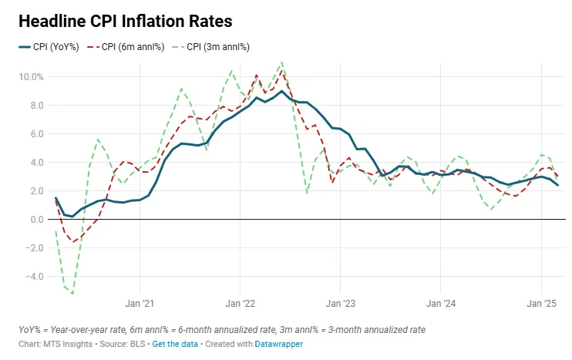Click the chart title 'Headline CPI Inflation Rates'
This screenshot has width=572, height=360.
pos(126,21)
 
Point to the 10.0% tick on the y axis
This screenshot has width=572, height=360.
pos(33,76)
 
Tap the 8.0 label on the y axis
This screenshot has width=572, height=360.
pos(37,105)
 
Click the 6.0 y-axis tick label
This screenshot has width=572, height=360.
pos(37,133)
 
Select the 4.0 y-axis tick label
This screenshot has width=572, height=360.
pos(37,162)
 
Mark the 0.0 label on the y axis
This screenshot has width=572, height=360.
pos(37,219)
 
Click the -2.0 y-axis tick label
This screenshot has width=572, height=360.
pos(35,247)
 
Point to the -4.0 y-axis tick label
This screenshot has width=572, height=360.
pos(35,276)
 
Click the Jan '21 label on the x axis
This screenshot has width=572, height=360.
pos(140,304)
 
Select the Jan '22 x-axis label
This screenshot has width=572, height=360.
pos(241,304)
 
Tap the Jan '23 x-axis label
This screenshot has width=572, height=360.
pos(341,304)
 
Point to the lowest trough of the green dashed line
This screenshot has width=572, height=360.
pos(72,293)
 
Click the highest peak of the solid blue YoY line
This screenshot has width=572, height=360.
pos(282,92)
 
